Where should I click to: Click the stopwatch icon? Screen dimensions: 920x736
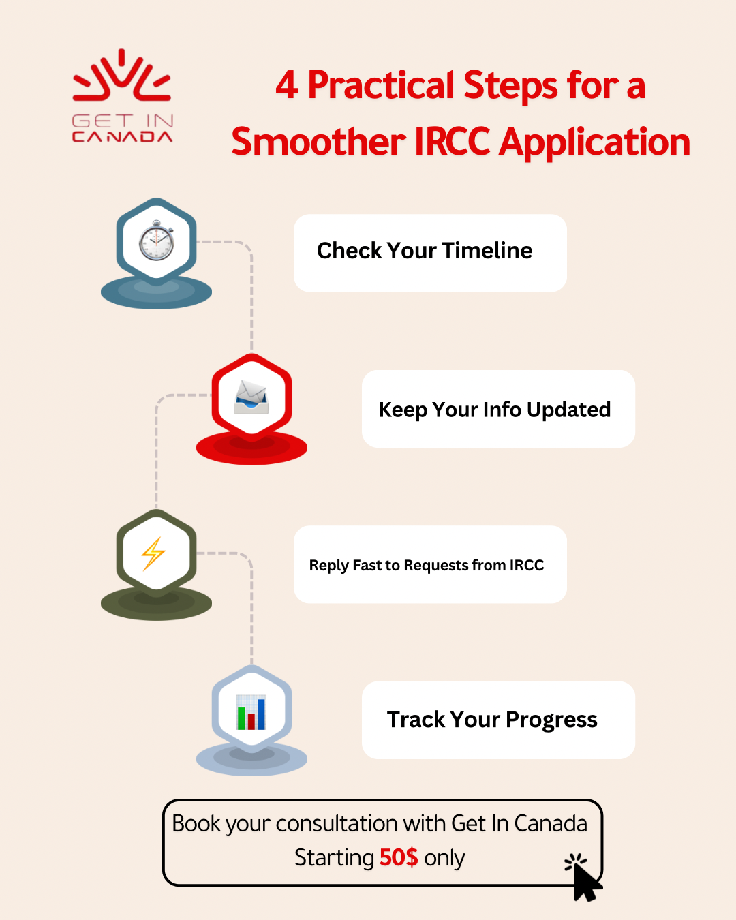click(x=157, y=241)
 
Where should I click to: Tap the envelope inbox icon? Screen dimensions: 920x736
click(x=251, y=397)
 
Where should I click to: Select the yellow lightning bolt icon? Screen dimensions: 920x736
click(x=154, y=553)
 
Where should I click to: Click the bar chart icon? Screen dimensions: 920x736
click(x=251, y=712)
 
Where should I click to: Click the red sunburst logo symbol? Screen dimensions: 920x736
click(x=122, y=75)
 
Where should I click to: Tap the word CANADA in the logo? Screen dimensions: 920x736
click(x=122, y=137)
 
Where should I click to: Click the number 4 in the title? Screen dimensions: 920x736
click(x=287, y=86)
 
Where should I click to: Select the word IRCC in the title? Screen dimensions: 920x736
click(x=452, y=142)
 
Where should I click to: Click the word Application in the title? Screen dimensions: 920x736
click(x=595, y=143)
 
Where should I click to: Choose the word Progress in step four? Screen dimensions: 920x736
click(x=551, y=720)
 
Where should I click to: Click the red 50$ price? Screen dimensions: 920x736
click(x=399, y=857)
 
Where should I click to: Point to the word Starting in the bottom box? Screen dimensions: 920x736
click(x=334, y=858)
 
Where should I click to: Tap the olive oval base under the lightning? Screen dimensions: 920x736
click(x=156, y=606)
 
